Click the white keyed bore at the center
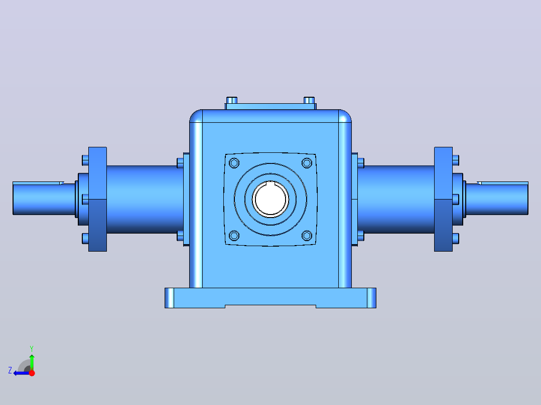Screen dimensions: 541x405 (x=270, y=199)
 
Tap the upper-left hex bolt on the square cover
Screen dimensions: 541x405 (x=234, y=163)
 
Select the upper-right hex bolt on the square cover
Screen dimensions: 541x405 (x=307, y=163)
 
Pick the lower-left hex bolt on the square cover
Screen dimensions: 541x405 (x=234, y=236)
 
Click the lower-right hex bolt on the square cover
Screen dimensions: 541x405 (x=307, y=236)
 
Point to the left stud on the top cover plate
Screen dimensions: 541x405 (x=232, y=100)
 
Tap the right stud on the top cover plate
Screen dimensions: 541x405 (x=309, y=100)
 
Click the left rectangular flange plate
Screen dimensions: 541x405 (x=98, y=199)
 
